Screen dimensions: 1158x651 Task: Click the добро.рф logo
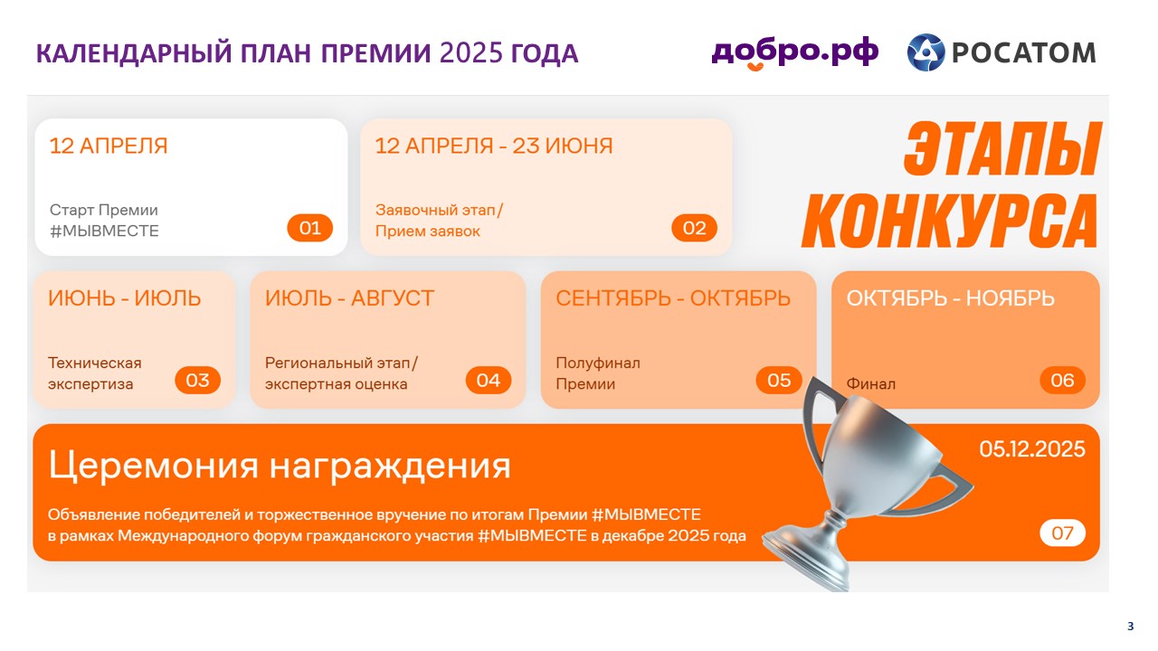[x=794, y=52]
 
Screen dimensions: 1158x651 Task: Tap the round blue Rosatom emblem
[x=925, y=52]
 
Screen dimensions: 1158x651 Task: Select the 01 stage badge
[x=309, y=228]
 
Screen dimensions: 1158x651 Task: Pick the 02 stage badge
[x=694, y=228]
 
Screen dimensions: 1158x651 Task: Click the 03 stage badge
[x=197, y=381]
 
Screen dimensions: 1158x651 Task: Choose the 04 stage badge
[x=489, y=381]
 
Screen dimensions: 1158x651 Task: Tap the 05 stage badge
[x=779, y=381]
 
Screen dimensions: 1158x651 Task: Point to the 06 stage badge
[x=1062, y=381]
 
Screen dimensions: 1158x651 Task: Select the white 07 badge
[x=1062, y=533]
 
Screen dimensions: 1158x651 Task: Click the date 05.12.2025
[x=1032, y=449]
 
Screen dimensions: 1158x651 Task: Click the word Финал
[x=870, y=384]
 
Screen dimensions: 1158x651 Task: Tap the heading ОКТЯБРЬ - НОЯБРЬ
[x=950, y=298]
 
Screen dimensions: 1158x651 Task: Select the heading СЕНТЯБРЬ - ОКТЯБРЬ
[x=673, y=298]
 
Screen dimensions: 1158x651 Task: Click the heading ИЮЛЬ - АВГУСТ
[x=349, y=298]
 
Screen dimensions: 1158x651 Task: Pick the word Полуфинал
[x=598, y=363]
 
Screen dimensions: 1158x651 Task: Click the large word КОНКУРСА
[x=949, y=222]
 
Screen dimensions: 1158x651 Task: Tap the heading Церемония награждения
[x=280, y=466]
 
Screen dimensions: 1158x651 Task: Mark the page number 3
[x=1131, y=627]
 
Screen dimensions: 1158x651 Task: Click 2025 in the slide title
[x=471, y=53]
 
